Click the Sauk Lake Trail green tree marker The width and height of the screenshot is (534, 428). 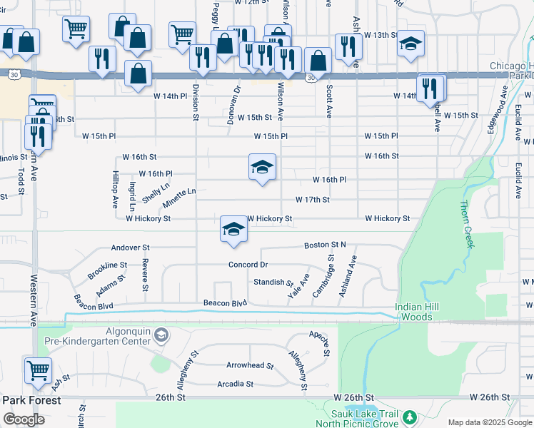pos(409,416)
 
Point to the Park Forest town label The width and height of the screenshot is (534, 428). pos(31,400)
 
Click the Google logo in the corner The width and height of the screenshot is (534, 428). pos(24,419)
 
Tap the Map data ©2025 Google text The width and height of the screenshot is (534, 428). pos(490,422)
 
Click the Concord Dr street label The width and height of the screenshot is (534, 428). pos(248,265)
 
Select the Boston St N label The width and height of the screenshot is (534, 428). pos(325,245)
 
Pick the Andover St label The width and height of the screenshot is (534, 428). pos(130,248)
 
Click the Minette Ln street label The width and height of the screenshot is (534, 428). pos(178,193)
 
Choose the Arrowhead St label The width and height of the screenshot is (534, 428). pos(250,365)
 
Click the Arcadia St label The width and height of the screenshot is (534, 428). pos(235,384)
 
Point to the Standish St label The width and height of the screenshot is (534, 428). pos(273,282)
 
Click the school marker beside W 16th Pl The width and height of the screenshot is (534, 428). pos(262,167)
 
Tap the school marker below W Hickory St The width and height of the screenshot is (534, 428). pos(233,229)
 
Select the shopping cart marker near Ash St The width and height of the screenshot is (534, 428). pos(37,370)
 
